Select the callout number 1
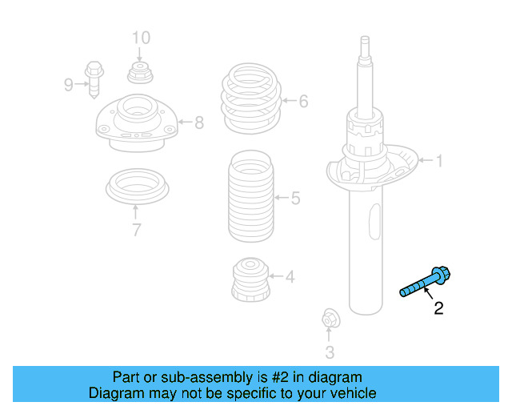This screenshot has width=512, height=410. (x=438, y=162)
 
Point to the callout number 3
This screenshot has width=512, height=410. (x=330, y=351)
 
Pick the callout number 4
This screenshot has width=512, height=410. (x=290, y=278)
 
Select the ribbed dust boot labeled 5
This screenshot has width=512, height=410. (x=251, y=197)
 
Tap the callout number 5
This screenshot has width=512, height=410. (x=295, y=197)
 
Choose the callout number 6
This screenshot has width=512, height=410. (x=303, y=102)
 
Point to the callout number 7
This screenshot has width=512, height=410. (x=137, y=231)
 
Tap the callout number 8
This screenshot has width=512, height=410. (x=198, y=123)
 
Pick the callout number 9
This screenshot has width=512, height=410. (x=69, y=83)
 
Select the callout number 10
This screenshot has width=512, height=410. (x=140, y=37)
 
